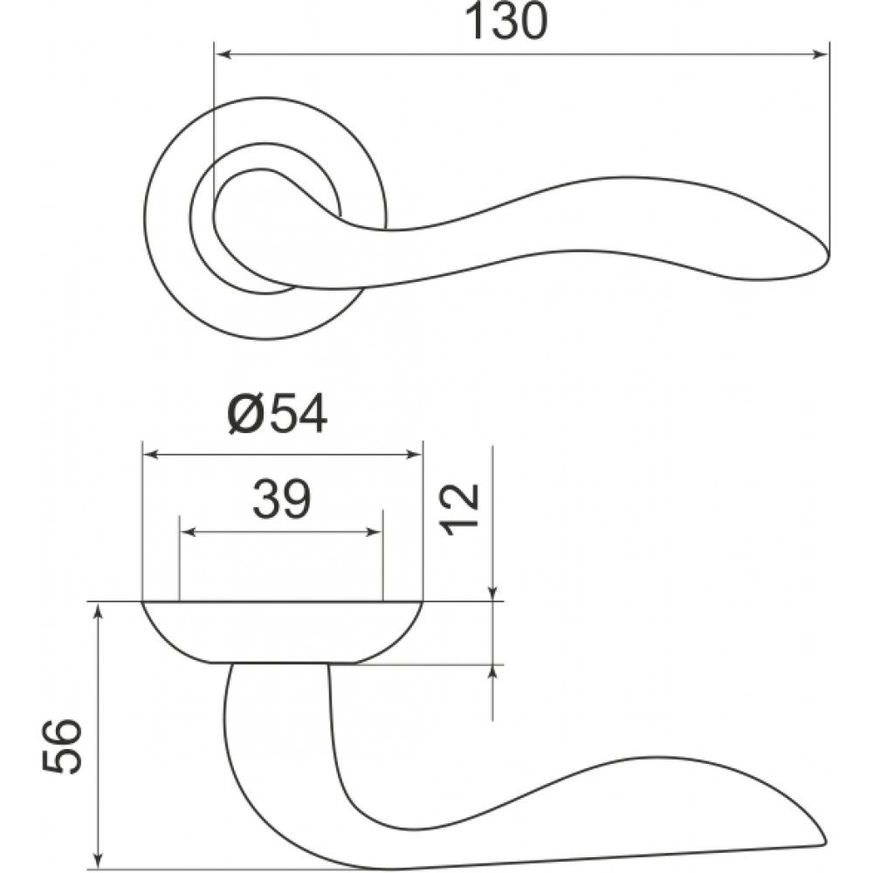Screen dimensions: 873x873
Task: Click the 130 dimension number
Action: coord(505,22)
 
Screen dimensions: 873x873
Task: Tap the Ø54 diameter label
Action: coord(278,415)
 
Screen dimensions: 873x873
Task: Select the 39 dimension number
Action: coord(281,498)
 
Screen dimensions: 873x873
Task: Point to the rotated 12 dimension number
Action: coord(460,510)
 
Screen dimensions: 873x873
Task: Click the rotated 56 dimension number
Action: coord(62,746)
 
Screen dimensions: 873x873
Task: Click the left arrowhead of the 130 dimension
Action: coord(223,54)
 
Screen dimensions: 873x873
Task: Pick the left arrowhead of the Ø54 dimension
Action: coord(152,455)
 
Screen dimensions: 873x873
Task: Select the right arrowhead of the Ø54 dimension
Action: coord(414,455)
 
